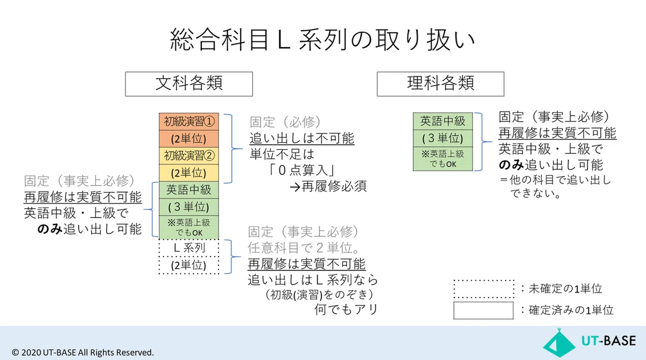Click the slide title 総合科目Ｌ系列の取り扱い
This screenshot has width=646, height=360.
[x=322, y=40]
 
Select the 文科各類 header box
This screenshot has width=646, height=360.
[x=189, y=84]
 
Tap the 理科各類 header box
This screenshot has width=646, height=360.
[x=440, y=84]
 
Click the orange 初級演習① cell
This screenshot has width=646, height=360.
[x=189, y=122]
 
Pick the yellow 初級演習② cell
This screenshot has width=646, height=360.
[x=189, y=156]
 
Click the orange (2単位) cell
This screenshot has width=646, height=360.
[x=189, y=139]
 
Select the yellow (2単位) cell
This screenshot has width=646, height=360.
[x=189, y=173]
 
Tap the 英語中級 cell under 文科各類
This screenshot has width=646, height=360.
[x=189, y=190]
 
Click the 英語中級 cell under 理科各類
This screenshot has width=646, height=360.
[x=443, y=121]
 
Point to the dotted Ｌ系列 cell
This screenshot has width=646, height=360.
[x=189, y=248]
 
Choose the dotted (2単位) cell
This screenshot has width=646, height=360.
[x=189, y=265]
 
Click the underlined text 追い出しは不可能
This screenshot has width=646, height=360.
[x=301, y=138]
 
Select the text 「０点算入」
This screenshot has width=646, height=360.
[x=301, y=171]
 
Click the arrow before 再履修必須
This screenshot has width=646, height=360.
[x=295, y=187]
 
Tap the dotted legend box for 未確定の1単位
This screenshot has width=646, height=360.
[x=483, y=289]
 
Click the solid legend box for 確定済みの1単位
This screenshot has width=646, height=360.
[x=483, y=310]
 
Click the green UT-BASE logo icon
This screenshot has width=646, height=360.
[x=559, y=343]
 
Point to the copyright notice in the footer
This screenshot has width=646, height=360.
[x=83, y=352]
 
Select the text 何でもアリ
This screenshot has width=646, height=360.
[x=346, y=309]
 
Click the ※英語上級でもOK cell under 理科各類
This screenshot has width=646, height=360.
[x=443, y=159]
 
